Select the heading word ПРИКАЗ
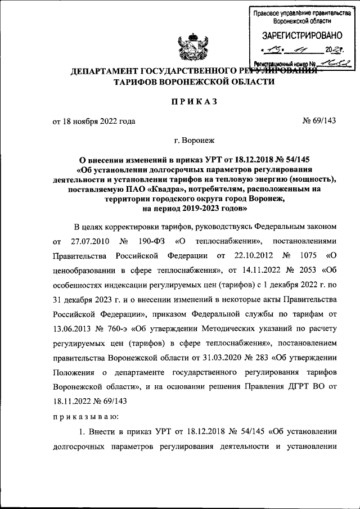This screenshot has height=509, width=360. pyautogui.click(x=194, y=102)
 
